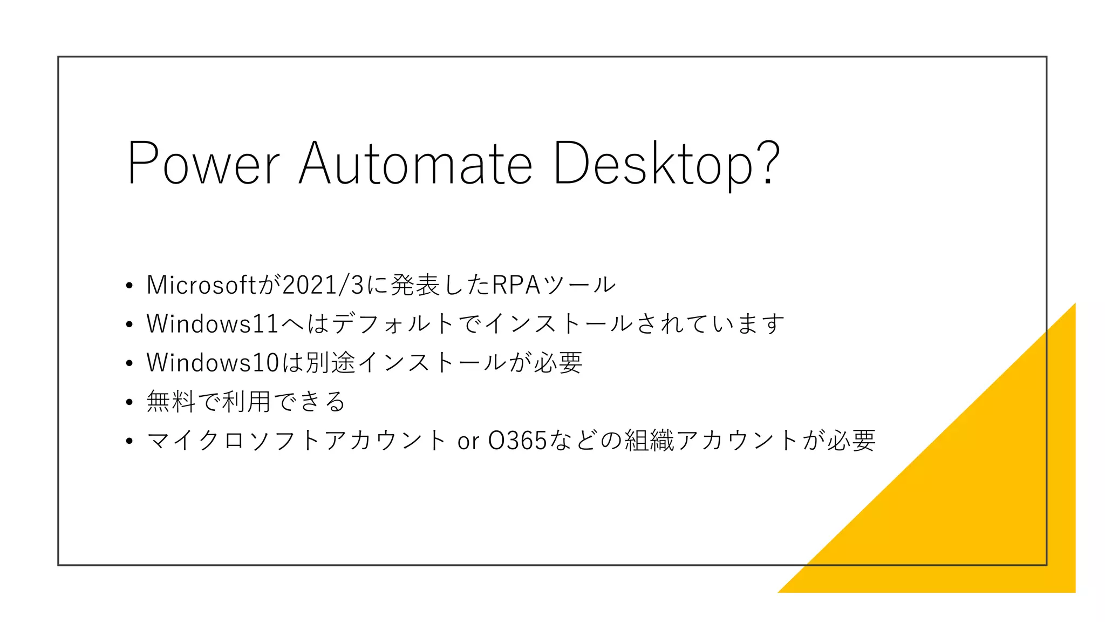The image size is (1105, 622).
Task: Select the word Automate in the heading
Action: (x=415, y=163)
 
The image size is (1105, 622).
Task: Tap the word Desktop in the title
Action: (x=652, y=163)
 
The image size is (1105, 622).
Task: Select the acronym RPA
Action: (x=516, y=285)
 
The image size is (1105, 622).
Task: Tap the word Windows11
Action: (x=213, y=324)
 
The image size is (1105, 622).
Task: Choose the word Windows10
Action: (x=213, y=363)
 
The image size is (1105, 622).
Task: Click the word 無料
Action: (x=171, y=402)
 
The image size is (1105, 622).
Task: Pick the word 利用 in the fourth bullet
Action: (x=246, y=402)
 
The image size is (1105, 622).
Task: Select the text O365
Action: (x=517, y=441)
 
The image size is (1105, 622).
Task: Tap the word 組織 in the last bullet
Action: (x=650, y=441)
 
